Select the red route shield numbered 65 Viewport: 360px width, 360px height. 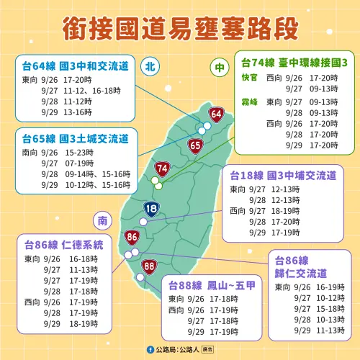[x=196, y=146]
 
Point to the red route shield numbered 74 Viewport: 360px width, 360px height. [x=163, y=169]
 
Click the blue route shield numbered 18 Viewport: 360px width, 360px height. [x=151, y=210]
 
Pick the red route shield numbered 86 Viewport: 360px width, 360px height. [x=132, y=236]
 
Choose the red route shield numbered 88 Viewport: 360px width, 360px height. [x=149, y=266]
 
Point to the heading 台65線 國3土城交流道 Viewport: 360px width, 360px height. [x=75, y=138]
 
